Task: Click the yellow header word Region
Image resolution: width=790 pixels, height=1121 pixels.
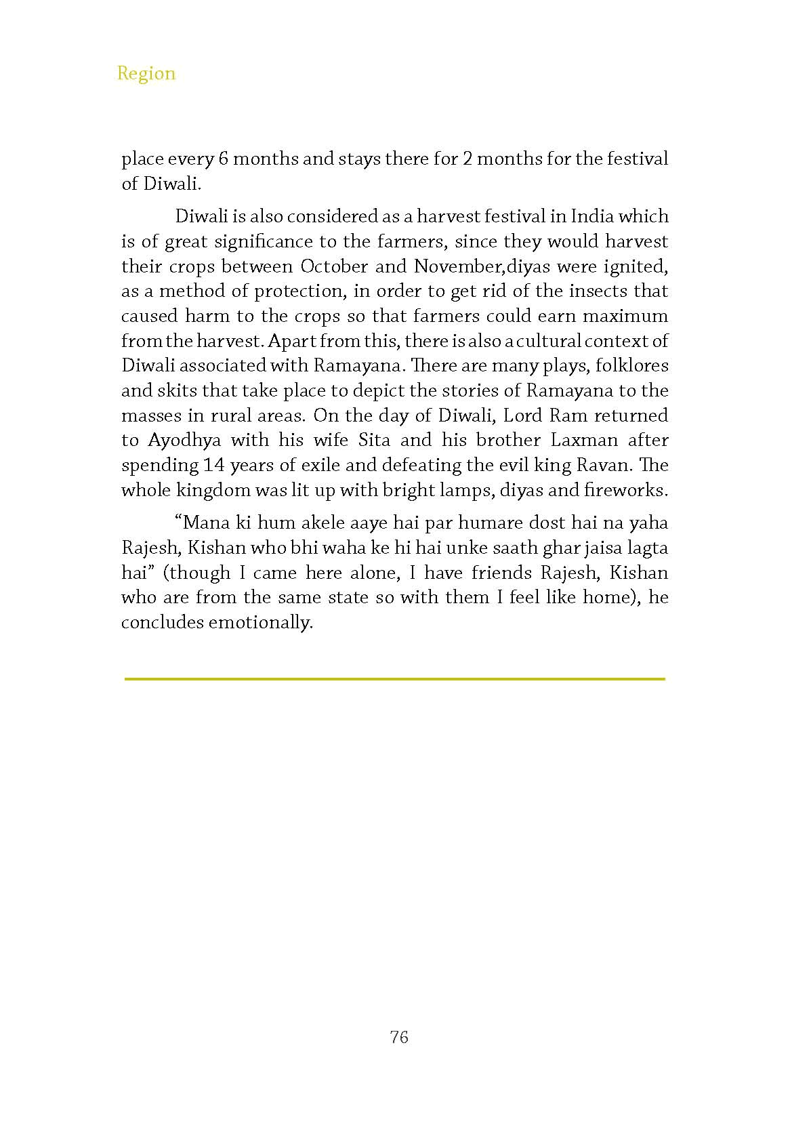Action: pyautogui.click(x=146, y=73)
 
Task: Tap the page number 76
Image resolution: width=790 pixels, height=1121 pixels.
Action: pyautogui.click(x=399, y=1037)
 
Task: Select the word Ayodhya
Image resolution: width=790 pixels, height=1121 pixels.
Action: pyautogui.click(x=185, y=441)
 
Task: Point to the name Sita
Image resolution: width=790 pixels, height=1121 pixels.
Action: pyautogui.click(x=374, y=441)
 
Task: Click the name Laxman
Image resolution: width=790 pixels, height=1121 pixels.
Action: pyautogui.click(x=584, y=441)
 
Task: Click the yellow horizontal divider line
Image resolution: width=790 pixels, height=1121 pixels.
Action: pyautogui.click(x=395, y=678)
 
